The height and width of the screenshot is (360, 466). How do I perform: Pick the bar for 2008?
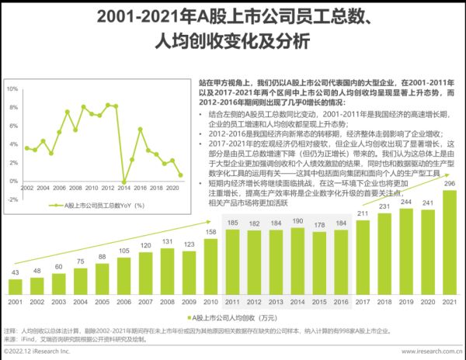167,272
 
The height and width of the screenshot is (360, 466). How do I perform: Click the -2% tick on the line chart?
12,183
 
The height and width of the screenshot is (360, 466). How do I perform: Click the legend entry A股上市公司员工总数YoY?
97,206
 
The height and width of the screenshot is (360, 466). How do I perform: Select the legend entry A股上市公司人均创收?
233,317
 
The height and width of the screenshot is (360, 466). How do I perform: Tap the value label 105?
124,251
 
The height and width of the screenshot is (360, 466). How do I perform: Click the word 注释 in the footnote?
10,331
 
